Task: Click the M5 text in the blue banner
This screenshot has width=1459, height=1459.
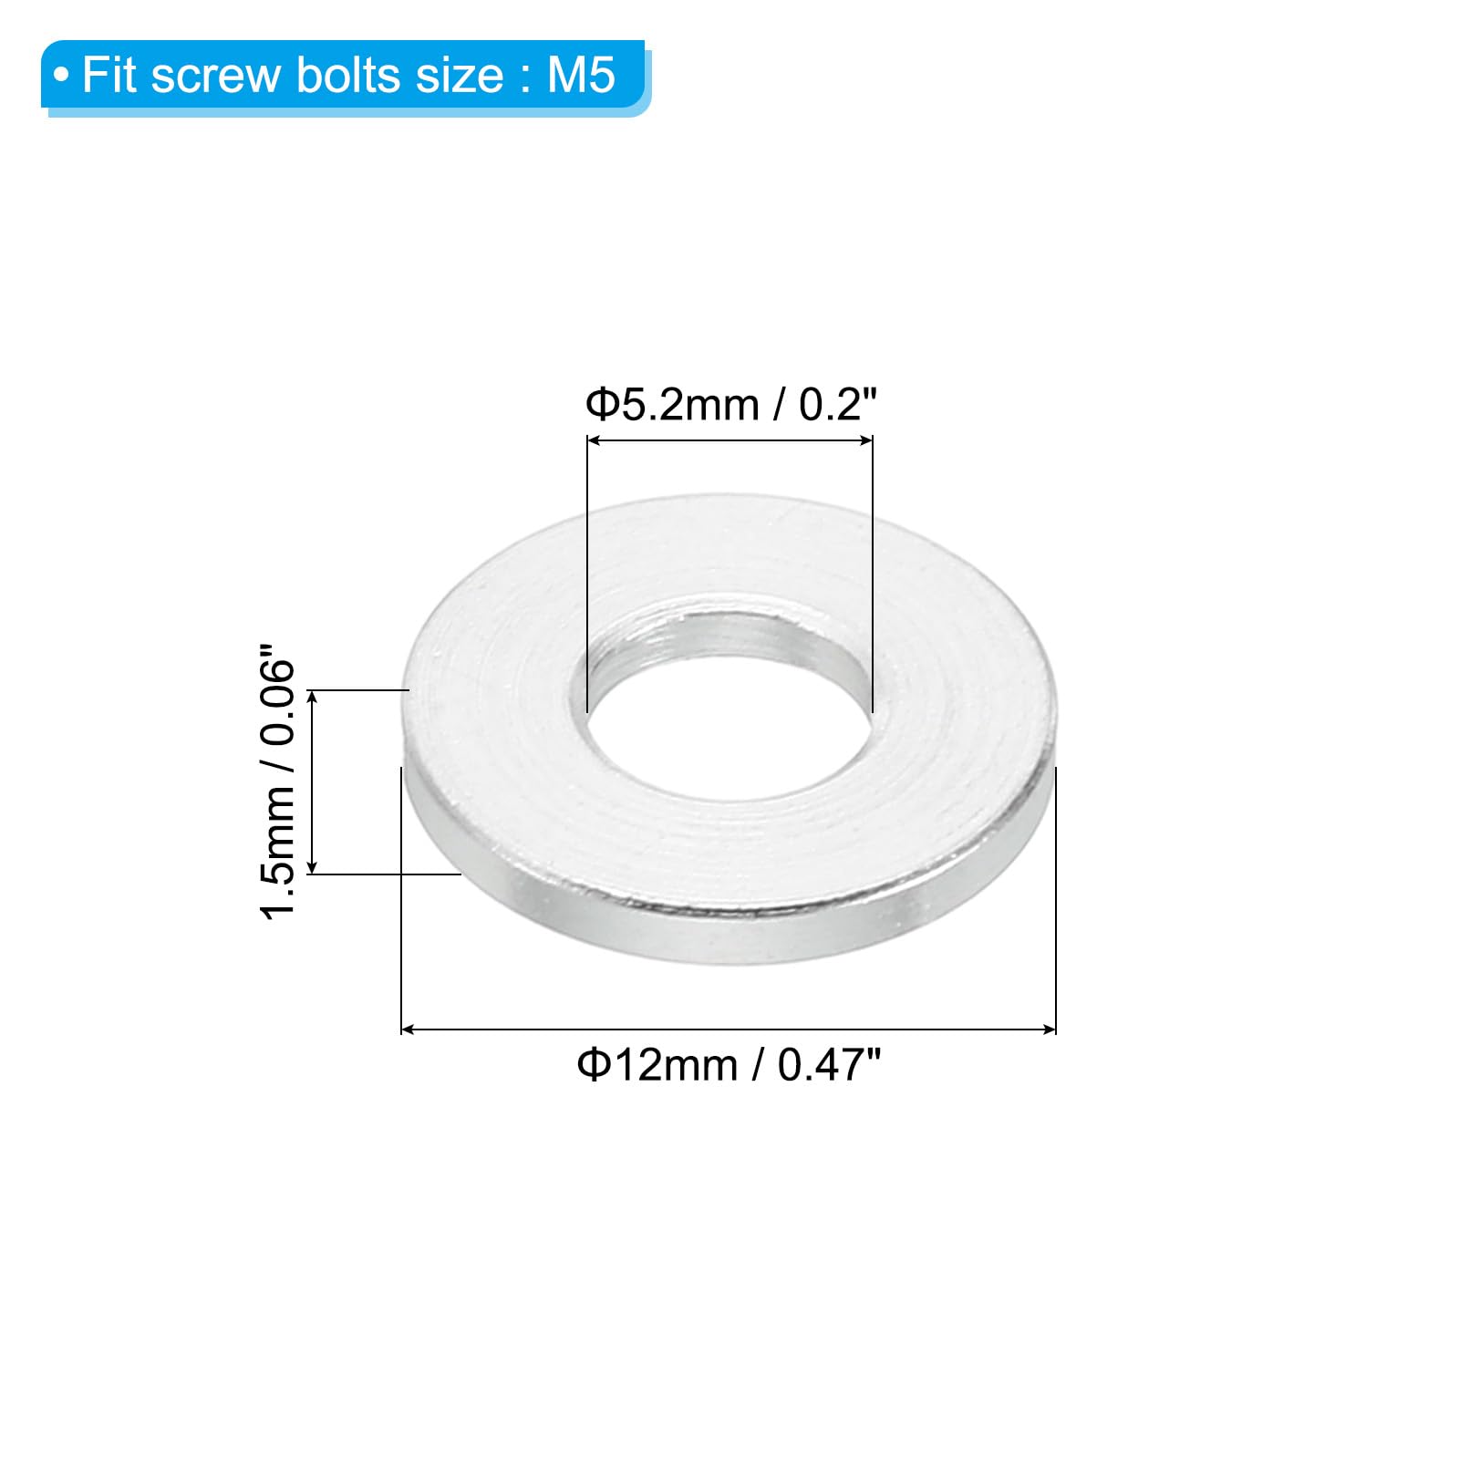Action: coord(581,75)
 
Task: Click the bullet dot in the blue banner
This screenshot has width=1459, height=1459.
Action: coord(61,75)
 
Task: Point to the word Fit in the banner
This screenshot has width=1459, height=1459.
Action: coord(109,75)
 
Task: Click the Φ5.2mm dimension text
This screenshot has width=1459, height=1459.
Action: coord(672,404)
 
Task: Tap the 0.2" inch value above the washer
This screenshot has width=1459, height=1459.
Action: coord(838,404)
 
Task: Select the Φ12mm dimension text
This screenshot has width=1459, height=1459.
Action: coord(657,1064)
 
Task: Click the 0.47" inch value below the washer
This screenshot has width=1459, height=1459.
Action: coord(830,1064)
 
